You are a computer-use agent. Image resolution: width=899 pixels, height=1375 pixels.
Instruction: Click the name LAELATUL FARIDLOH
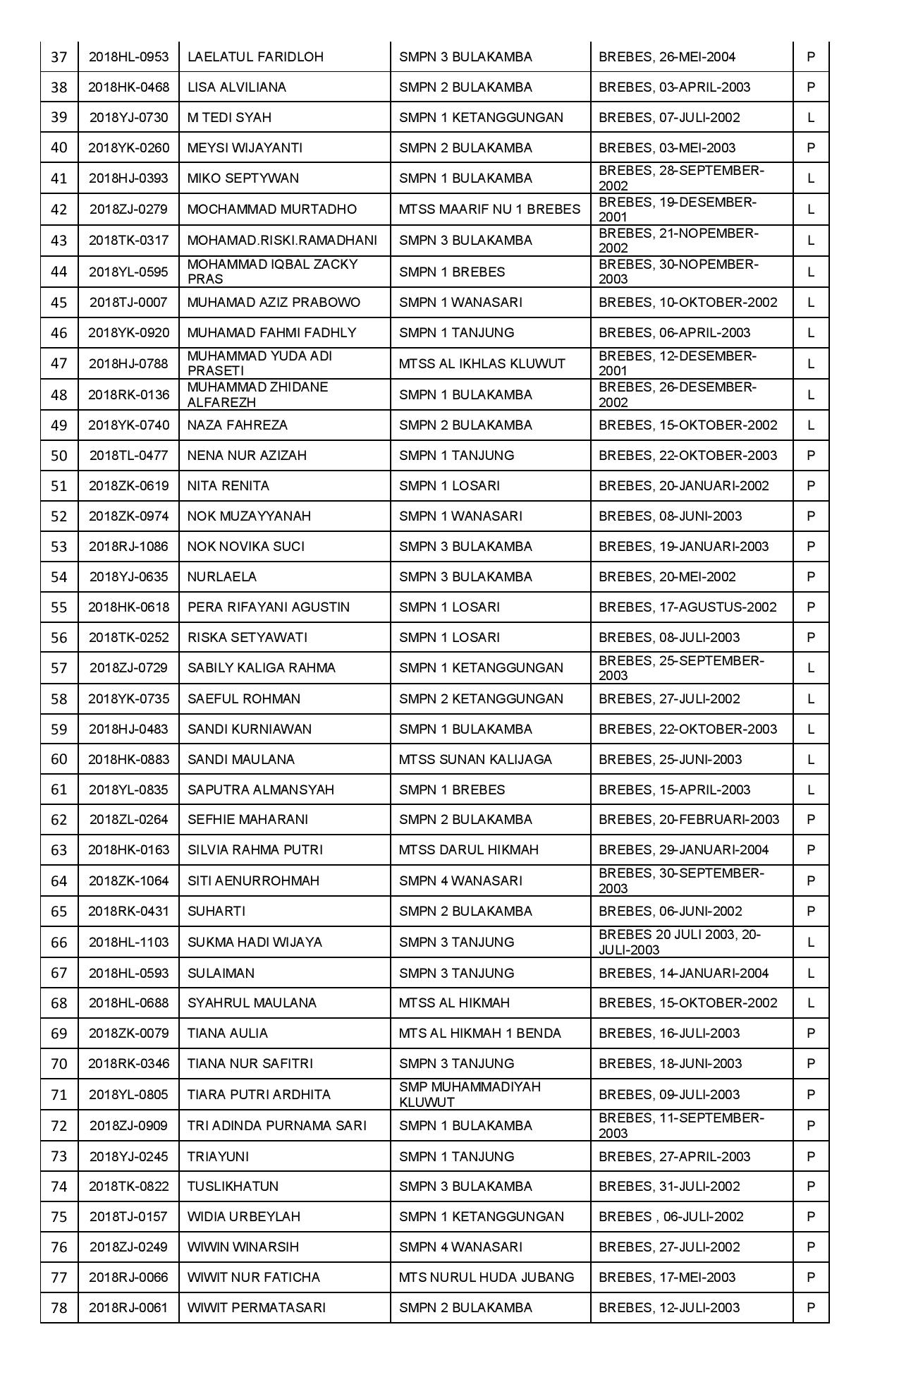pos(255,57)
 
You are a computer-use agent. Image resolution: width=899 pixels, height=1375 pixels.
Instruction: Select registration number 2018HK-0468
pos(128,87)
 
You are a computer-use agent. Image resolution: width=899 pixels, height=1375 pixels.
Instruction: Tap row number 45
pos(59,303)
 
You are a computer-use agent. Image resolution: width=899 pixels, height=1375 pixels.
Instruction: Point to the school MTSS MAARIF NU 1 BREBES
pos(489,210)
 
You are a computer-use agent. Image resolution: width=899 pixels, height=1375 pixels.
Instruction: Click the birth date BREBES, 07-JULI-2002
pos(669,118)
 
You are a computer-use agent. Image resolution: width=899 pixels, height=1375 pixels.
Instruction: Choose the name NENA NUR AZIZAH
pos(247,456)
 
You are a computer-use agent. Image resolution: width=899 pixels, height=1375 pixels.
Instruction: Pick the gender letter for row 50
pos(811,456)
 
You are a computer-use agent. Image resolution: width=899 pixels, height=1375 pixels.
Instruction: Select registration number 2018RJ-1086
pos(128,547)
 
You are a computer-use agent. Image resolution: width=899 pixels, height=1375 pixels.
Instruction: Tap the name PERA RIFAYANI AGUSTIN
pos(269,607)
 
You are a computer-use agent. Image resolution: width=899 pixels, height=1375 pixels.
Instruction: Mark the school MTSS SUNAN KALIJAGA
pos(475,760)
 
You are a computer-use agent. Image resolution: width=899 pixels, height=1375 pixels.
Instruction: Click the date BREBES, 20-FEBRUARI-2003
pos(689,820)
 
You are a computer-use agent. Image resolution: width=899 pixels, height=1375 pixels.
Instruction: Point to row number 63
pos(59,850)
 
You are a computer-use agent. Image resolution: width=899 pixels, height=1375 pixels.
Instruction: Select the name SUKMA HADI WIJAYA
pos(255,943)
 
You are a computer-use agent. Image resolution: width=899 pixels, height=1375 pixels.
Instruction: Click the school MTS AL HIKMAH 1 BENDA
pos(480,1034)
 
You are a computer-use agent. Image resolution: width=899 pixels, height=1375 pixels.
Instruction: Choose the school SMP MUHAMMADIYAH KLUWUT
pos(470,1095)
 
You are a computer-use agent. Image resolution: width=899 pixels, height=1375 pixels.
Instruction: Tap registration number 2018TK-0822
pos(128,1187)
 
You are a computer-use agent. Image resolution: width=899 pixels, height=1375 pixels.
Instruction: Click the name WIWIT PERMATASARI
pos(257,1308)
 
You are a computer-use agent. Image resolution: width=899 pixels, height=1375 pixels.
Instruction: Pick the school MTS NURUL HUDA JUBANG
pos(487,1278)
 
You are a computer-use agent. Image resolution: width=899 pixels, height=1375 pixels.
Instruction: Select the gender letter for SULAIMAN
pos(811,974)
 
